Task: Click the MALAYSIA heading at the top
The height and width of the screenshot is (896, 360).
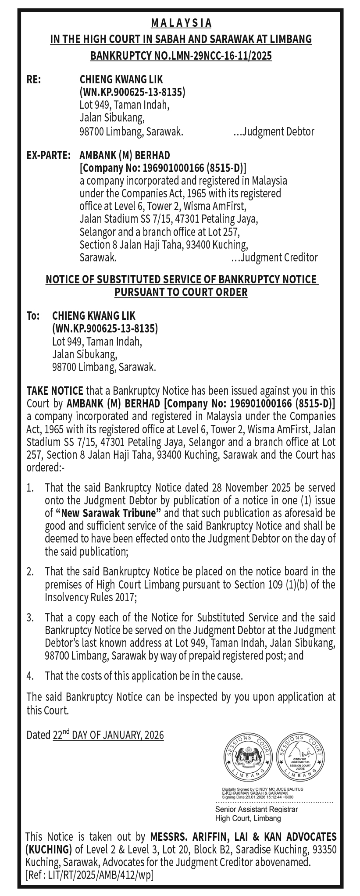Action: click(181, 23)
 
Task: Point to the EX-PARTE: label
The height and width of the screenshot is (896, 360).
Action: click(49, 155)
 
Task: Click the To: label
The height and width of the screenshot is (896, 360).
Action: click(33, 316)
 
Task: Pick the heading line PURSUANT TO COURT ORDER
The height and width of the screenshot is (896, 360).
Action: click(181, 292)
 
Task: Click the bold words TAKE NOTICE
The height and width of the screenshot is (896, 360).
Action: click(55, 391)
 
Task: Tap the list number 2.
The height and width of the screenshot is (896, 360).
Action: click(30, 571)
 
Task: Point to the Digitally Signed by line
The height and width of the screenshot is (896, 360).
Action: click(263, 789)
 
